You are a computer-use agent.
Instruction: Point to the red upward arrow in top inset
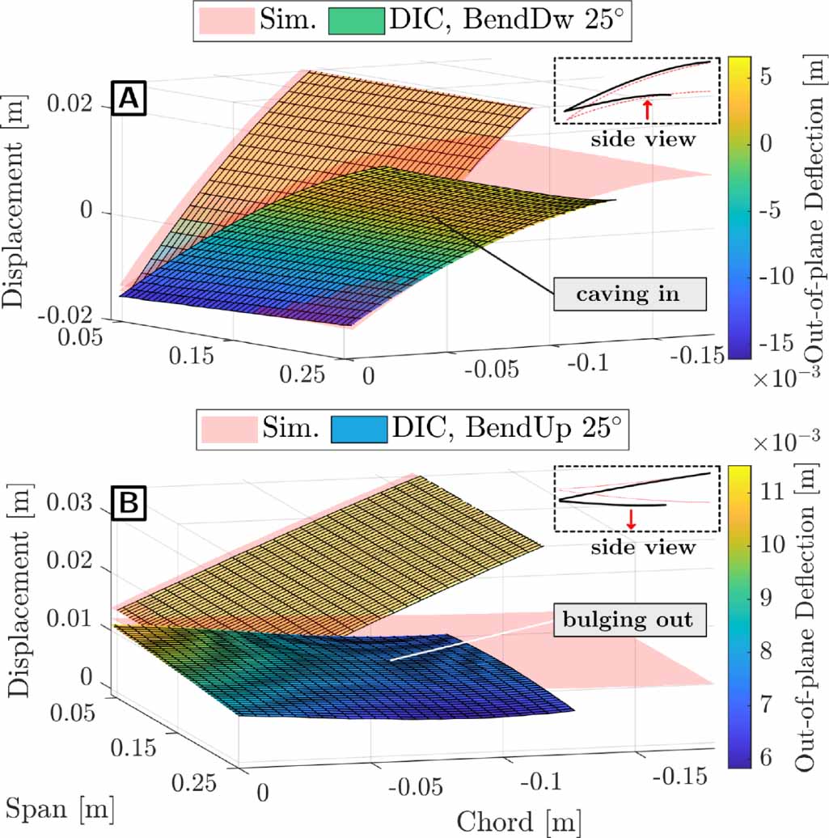pos(646,107)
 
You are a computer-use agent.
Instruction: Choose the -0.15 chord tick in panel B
pos(679,777)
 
